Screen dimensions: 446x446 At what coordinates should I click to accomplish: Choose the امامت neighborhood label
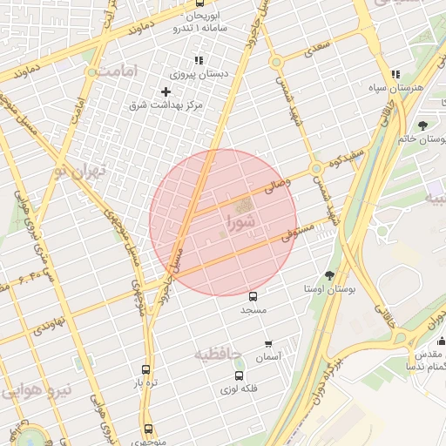tap(120, 70)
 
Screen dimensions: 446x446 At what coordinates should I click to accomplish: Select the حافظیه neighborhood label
tap(215, 354)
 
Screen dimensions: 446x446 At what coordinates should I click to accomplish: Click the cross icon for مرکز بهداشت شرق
tap(166, 91)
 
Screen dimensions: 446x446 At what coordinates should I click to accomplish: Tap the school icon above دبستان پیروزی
tap(199, 61)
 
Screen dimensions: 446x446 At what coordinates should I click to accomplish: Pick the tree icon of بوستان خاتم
tap(423, 125)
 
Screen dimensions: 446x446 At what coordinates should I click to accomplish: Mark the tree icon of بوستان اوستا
tap(328, 275)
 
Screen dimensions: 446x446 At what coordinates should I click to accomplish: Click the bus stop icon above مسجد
tap(253, 296)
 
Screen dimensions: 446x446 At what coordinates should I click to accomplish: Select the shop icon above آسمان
tap(267, 344)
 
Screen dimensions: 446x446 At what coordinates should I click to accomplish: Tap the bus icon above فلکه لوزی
tap(239, 375)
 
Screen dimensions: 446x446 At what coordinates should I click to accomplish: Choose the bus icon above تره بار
tap(145, 369)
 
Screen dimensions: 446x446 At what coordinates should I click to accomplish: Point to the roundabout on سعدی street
tap(276, 62)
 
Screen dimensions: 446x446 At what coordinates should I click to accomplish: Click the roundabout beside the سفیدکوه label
tap(315, 168)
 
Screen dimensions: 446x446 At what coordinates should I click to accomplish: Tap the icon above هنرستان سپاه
tap(396, 75)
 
